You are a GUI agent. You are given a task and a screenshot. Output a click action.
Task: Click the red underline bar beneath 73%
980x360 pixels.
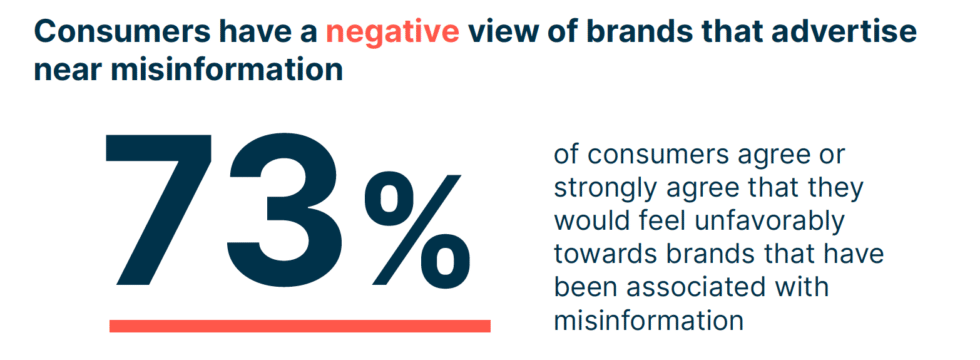[x=300, y=325]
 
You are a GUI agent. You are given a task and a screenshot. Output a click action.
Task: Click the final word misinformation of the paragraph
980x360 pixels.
[x=648, y=321]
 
